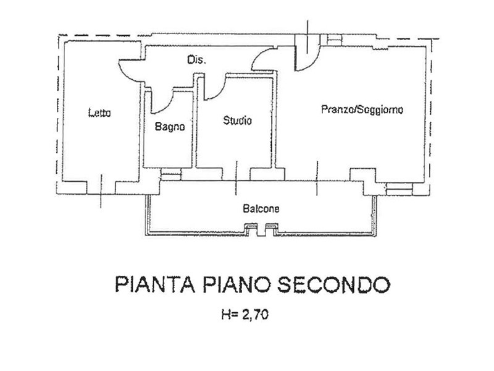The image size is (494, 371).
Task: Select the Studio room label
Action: [237, 121]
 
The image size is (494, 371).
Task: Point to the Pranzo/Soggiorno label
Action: [362, 109]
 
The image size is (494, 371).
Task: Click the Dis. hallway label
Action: [197, 61]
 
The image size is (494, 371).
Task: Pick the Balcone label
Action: [261, 209]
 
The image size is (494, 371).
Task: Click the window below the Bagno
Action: [170, 176]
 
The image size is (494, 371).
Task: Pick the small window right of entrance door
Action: [333, 39]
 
